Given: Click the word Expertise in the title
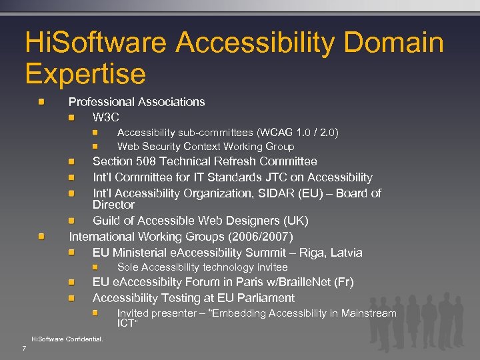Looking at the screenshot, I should pyautogui.click(x=85, y=73).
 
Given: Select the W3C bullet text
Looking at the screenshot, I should pyautogui.click(x=106, y=117).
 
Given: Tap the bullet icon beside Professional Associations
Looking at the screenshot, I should pyautogui.click(x=41, y=102).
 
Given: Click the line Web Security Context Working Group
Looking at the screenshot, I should pyautogui.click(x=205, y=147).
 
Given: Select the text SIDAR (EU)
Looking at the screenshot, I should pyautogui.click(x=299, y=193).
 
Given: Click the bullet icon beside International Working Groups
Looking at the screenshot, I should pyautogui.click(x=41, y=237).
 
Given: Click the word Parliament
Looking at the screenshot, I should pyautogui.click(x=265, y=298).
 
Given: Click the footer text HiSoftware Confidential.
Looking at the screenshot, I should pyautogui.click(x=67, y=339).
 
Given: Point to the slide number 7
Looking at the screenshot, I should pyautogui.click(x=24, y=349).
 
